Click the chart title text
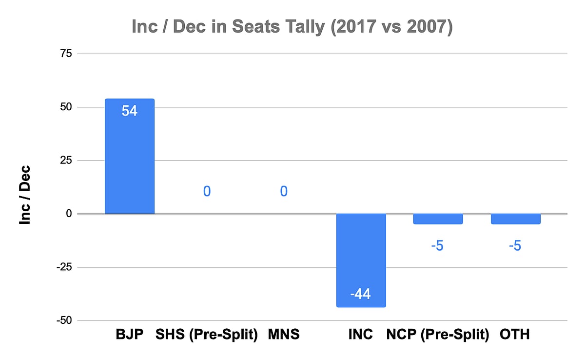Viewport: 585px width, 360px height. (292, 27)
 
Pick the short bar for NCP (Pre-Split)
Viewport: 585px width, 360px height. (437, 219)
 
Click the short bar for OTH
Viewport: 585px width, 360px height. (515, 219)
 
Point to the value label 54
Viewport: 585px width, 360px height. (130, 111)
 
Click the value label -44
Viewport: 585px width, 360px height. (361, 295)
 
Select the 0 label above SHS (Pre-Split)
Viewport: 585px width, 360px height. (207, 191)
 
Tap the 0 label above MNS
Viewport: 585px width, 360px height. (284, 191)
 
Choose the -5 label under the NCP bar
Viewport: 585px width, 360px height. (437, 245)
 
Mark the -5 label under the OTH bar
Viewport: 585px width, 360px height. (515, 245)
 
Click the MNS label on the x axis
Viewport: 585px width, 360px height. (284, 335)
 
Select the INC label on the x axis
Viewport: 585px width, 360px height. (361, 335)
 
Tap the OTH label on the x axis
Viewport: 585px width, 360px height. (515, 335)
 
